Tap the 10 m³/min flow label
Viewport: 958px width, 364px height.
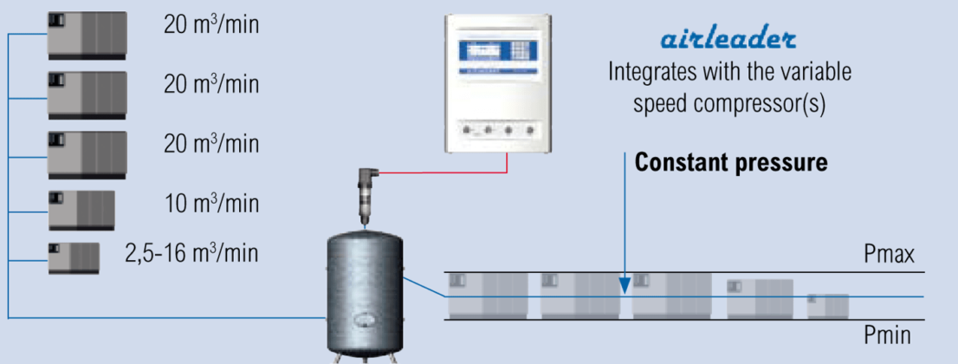[211, 204]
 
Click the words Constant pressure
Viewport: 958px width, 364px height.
[731, 162]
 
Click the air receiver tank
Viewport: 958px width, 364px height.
[363, 290]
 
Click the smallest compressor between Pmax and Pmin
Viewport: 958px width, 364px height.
[828, 306]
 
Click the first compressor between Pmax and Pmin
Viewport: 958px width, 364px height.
[488, 295]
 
